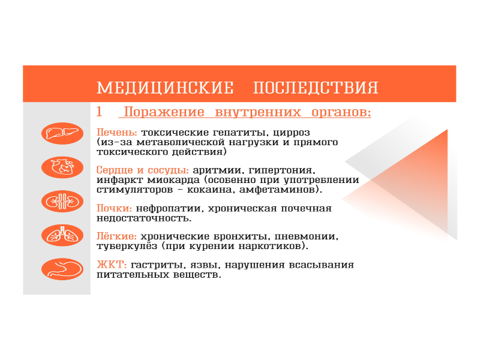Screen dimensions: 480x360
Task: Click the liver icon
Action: pos(62,133)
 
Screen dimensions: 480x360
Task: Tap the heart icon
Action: pos(62,167)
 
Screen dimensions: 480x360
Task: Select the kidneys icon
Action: pos(62,202)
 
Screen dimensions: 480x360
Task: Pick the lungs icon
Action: pos(62,235)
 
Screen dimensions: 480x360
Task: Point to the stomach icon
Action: pos(62,269)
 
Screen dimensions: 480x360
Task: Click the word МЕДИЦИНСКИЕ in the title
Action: pos(166,88)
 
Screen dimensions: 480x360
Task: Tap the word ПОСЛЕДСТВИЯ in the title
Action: pos(316,88)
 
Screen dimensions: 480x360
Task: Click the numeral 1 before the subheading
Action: pos(99,112)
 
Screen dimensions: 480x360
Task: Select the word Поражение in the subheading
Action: pos(164,112)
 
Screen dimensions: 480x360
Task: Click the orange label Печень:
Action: pos(116,133)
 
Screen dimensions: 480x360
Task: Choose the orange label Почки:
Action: pos(114,208)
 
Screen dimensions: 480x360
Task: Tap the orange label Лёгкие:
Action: pos(116,236)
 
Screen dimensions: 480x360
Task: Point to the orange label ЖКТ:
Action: pos(112,265)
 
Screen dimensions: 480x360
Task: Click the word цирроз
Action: pos(292,133)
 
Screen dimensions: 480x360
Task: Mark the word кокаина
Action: pos(211,190)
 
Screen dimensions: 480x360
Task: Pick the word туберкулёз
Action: pos(127,247)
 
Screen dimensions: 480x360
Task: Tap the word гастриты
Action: pos(158,265)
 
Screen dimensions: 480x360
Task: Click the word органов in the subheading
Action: pos(341,113)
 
